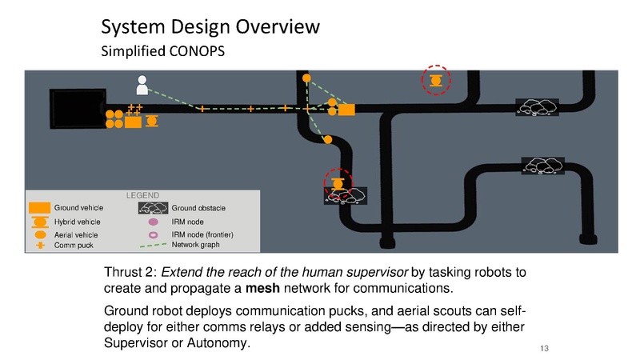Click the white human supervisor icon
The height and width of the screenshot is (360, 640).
point(142,83)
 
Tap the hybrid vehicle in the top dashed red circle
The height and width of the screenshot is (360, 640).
point(436,81)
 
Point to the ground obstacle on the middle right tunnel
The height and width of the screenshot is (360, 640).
point(543,165)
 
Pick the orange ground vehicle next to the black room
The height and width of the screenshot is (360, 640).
point(133,121)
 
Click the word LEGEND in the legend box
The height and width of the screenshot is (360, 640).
point(143,195)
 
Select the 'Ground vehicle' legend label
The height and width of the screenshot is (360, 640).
point(76,208)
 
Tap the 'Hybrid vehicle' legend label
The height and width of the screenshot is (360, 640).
point(77,222)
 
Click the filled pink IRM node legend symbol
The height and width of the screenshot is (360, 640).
point(153,222)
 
